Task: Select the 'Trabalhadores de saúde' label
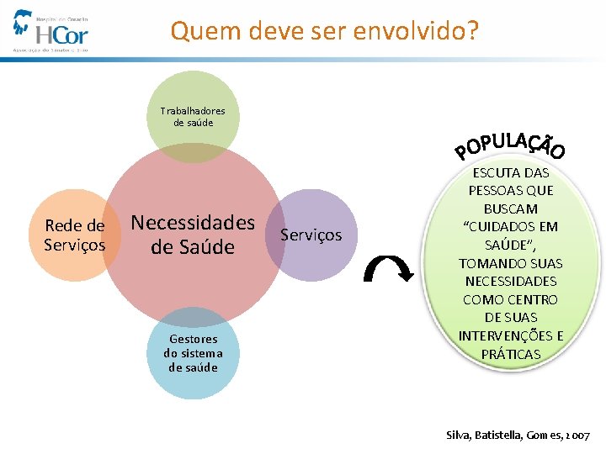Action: [x=193, y=117]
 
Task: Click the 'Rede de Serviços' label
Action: [x=75, y=235]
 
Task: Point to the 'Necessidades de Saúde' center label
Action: [x=193, y=235]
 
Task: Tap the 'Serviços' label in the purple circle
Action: [x=311, y=235]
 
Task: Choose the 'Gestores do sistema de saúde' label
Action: [x=193, y=353]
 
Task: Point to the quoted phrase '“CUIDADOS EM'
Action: [x=511, y=227]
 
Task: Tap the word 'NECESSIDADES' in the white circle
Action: [x=511, y=282]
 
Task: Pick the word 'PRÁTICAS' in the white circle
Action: [x=511, y=354]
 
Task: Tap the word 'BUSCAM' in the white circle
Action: [x=511, y=209]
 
